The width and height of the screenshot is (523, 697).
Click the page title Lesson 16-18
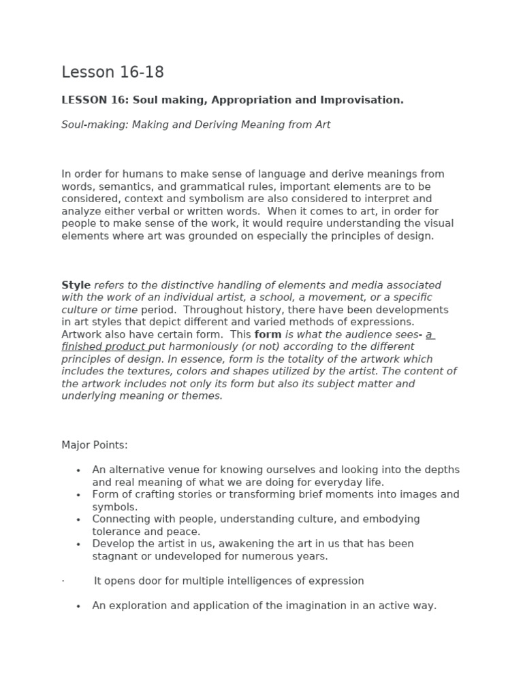(x=112, y=72)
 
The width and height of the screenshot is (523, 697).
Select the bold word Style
(x=76, y=285)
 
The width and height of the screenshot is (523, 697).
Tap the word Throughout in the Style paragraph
(x=212, y=310)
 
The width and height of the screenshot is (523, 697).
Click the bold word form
(x=268, y=334)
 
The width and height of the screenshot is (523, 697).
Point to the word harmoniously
(x=196, y=346)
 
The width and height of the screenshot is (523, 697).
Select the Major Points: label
(x=95, y=445)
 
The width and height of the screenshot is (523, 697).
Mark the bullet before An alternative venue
(x=78, y=470)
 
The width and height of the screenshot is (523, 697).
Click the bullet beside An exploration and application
(x=78, y=606)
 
